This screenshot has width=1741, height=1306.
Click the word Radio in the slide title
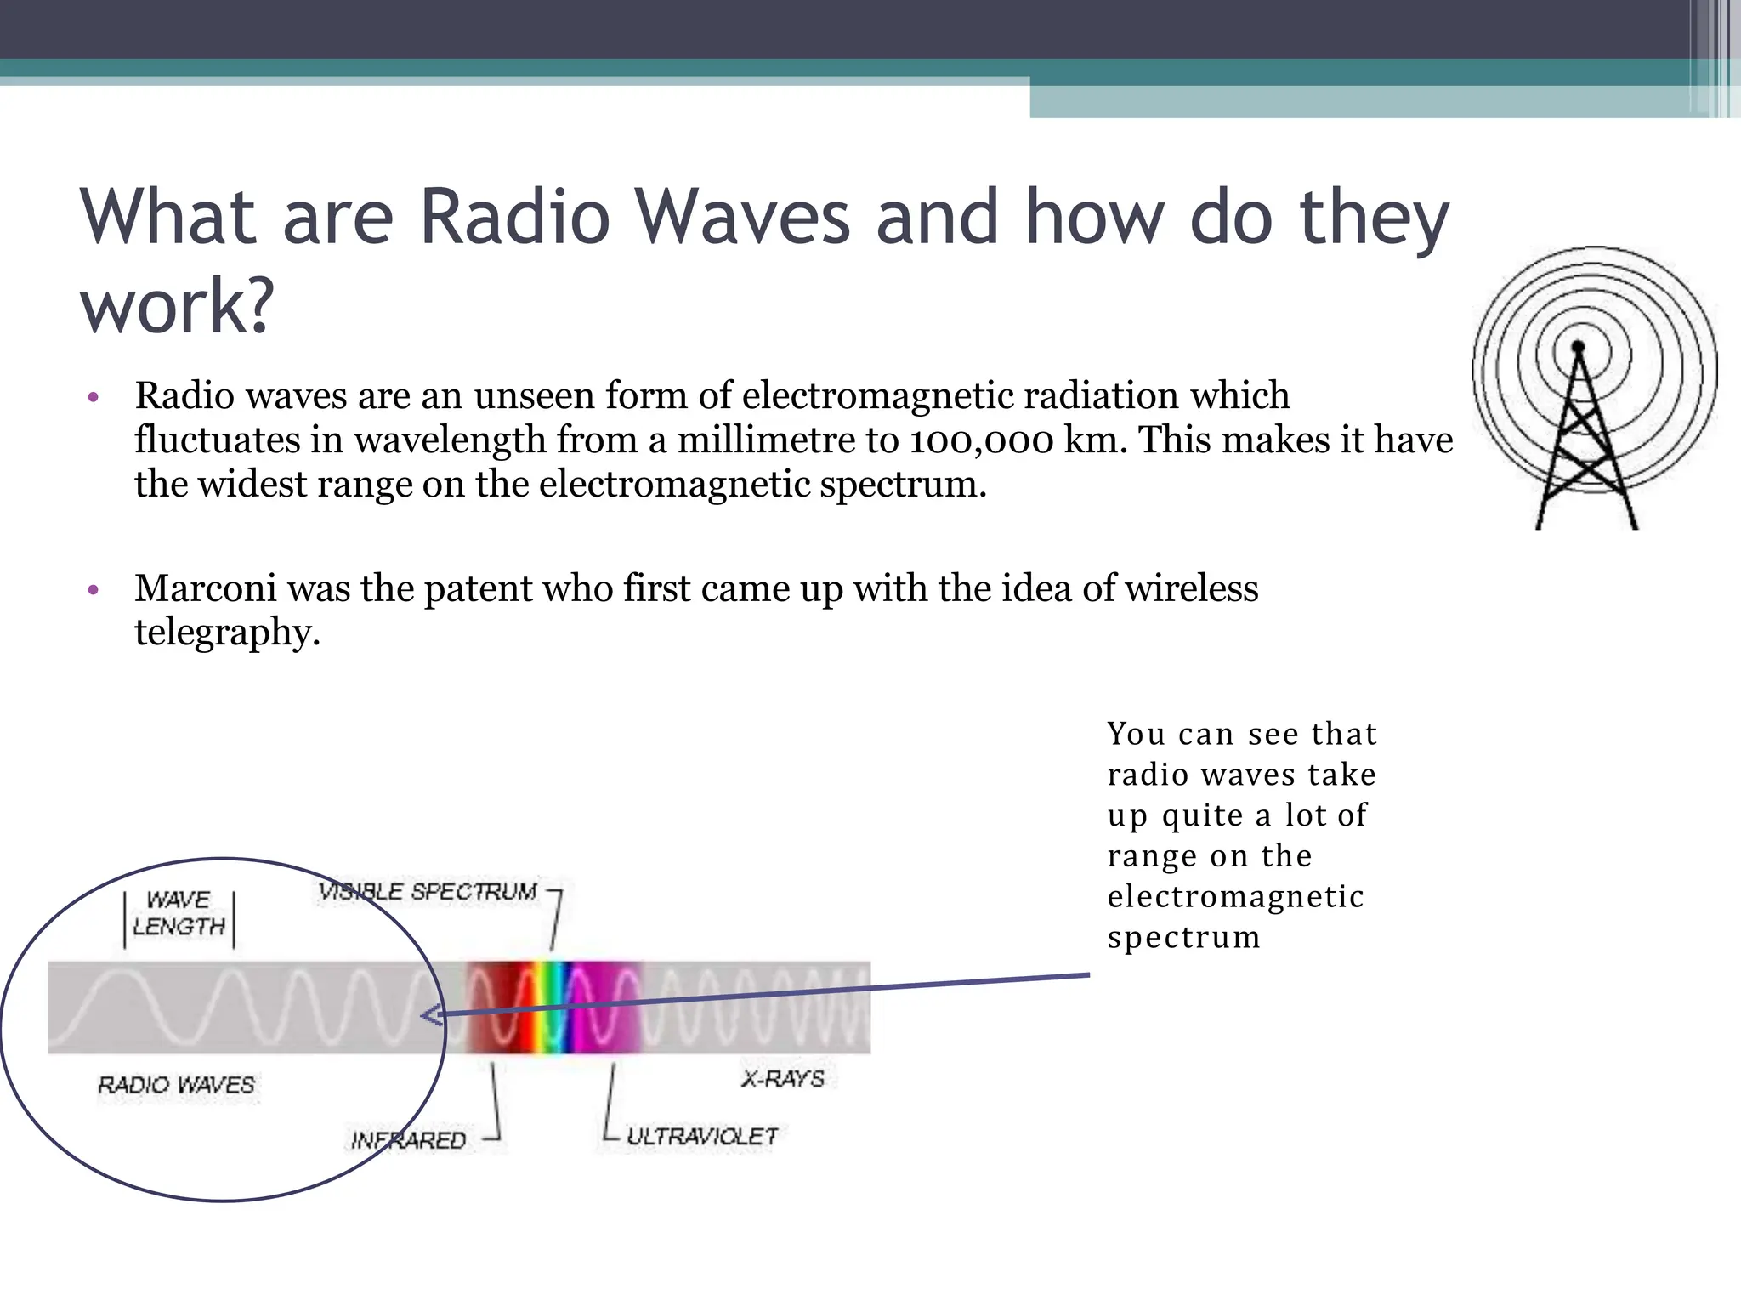pyautogui.click(x=514, y=217)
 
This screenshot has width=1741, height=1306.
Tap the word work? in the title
pyautogui.click(x=177, y=306)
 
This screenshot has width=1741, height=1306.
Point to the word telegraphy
pyautogui.click(x=227, y=633)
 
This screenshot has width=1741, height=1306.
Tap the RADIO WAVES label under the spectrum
pyautogui.click(x=176, y=1085)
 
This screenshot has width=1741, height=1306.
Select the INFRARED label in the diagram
pyautogui.click(x=408, y=1140)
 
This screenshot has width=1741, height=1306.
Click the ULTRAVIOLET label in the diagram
pyautogui.click(x=701, y=1137)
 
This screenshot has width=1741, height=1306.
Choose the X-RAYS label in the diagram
pyautogui.click(x=783, y=1079)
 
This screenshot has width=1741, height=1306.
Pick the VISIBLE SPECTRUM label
pyautogui.click(x=428, y=892)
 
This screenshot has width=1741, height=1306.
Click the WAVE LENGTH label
pyautogui.click(x=179, y=913)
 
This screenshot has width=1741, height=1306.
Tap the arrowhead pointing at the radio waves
pyautogui.click(x=432, y=1015)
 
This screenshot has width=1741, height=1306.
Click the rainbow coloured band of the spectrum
pyautogui.click(x=553, y=1008)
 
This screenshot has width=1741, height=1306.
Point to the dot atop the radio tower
pyautogui.click(x=1579, y=347)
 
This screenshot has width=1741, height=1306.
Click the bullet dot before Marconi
pyautogui.click(x=94, y=589)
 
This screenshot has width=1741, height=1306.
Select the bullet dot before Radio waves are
pyautogui.click(x=94, y=397)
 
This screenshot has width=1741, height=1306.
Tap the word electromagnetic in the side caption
pyautogui.click(x=1235, y=897)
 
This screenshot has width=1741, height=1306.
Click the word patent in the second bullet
pyautogui.click(x=477, y=588)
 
